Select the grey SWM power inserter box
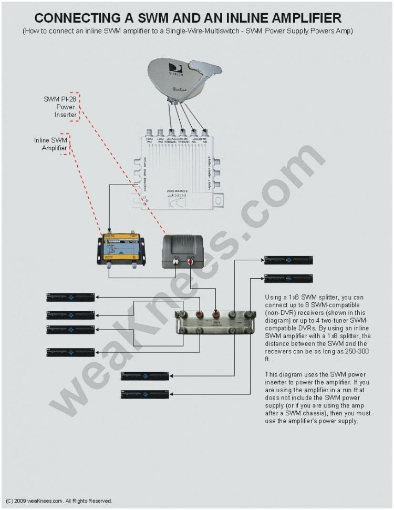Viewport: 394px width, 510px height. [x=183, y=249]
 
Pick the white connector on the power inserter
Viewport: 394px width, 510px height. [x=176, y=259]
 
